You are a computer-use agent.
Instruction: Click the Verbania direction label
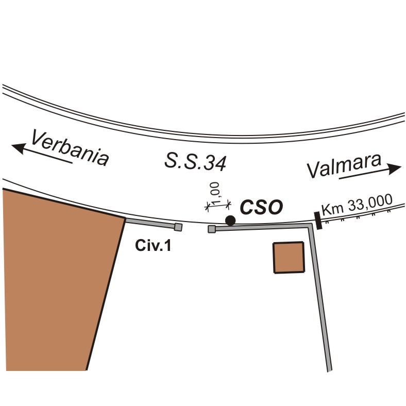point(70,148)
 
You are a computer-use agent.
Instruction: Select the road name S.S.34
point(195,162)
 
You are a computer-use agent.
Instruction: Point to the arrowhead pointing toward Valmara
point(394,169)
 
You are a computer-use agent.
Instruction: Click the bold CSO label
point(261,208)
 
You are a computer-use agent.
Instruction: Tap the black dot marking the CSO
point(230,221)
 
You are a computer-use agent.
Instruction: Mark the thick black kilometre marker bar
point(318,221)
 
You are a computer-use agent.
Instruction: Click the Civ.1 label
point(153,245)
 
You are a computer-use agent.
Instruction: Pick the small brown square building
point(289,258)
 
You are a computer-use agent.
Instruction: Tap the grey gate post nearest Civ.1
point(178,227)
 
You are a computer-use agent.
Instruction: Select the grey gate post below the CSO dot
point(212,229)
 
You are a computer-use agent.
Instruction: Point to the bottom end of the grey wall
point(330,371)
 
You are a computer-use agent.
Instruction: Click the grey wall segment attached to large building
point(150,223)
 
